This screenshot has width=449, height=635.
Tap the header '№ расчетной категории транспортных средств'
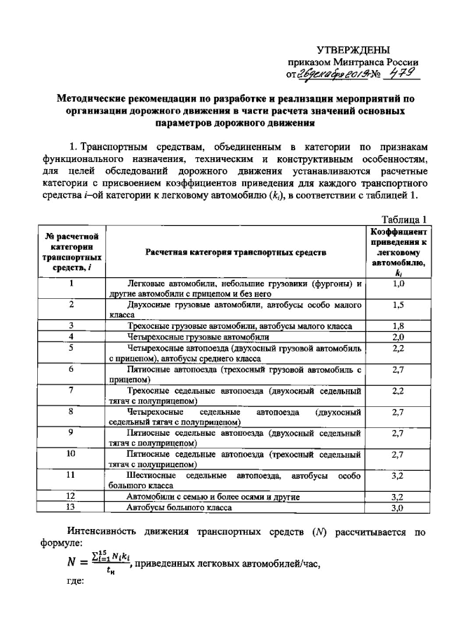click(x=72, y=251)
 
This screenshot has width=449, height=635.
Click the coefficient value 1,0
click(x=398, y=283)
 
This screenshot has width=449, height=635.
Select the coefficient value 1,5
click(x=398, y=305)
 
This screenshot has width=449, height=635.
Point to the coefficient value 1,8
click(x=398, y=326)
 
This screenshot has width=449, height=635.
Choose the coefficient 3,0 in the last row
click(x=398, y=507)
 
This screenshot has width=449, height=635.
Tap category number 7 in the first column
click(x=71, y=390)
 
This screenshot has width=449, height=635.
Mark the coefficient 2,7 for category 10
click(x=398, y=455)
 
